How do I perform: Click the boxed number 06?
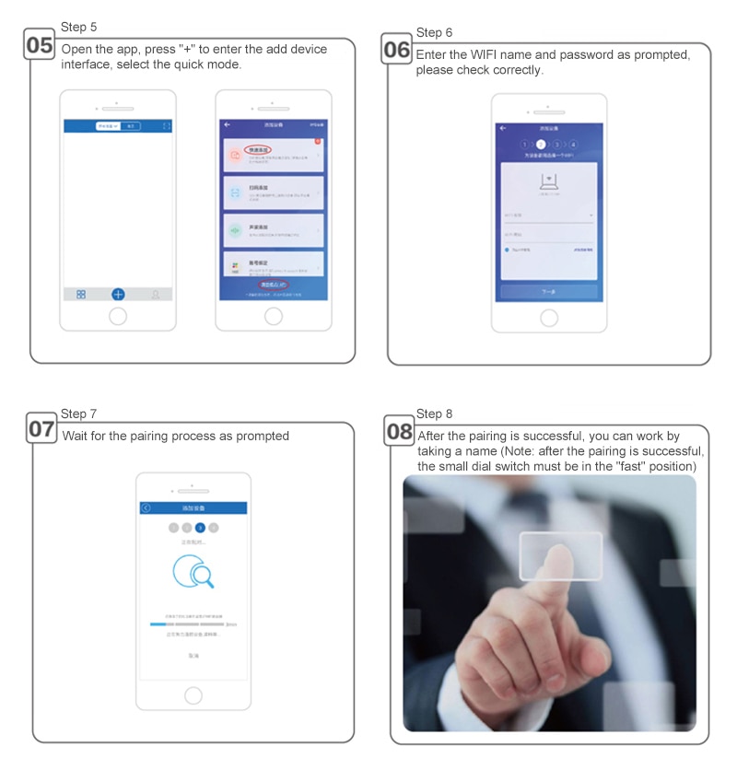[396, 50]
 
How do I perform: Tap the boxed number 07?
[41, 429]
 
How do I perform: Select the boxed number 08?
[399, 431]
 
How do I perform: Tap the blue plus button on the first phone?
[118, 295]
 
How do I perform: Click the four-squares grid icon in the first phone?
[81, 295]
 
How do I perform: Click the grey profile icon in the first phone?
[156, 295]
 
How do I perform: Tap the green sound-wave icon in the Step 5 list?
[235, 228]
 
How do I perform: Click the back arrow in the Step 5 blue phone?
[227, 124]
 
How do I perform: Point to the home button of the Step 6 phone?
[549, 318]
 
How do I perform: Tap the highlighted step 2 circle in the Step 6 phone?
[541, 145]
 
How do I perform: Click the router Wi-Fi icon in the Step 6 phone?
[549, 184]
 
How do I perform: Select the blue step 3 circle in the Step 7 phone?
[200, 528]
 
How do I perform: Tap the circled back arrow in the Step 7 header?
[146, 508]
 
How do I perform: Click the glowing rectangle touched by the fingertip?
[560, 555]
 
